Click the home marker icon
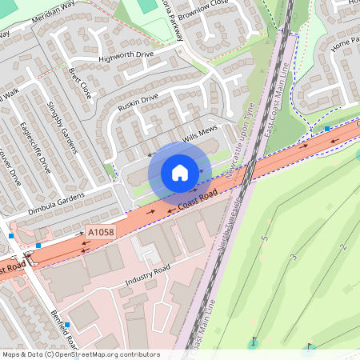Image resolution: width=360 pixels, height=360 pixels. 180,173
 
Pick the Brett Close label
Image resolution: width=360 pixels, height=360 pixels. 80,82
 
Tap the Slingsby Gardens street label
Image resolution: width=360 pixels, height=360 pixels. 63,128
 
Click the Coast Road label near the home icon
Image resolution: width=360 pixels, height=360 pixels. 198,201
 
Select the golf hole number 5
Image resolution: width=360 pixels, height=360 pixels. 265,238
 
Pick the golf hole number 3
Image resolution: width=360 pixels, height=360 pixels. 294,256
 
